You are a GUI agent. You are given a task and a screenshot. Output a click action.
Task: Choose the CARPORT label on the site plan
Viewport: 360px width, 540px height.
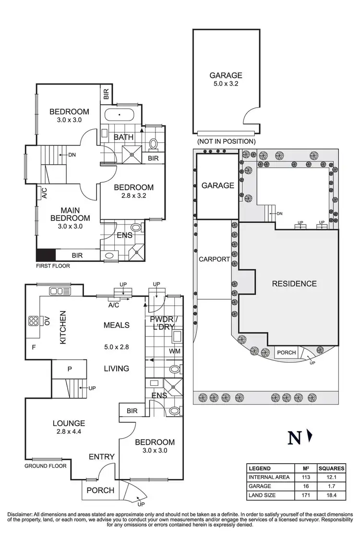(215, 259)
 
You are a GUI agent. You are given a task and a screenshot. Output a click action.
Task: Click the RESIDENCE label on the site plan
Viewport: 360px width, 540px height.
(294, 283)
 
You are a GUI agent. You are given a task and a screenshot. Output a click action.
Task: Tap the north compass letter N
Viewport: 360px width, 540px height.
(294, 438)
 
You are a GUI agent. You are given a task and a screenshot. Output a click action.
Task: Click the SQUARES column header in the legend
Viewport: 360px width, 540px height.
(331, 468)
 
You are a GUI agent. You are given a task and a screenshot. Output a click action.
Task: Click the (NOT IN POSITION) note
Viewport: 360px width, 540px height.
(226, 142)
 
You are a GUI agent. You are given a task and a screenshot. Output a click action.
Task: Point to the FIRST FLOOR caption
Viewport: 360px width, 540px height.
(53, 265)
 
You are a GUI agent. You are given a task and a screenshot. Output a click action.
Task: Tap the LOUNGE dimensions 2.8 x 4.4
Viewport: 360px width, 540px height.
(69, 432)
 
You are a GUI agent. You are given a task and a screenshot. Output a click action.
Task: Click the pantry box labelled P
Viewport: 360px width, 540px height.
(69, 369)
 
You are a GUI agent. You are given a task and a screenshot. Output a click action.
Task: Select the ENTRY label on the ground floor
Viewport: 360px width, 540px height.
(101, 456)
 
